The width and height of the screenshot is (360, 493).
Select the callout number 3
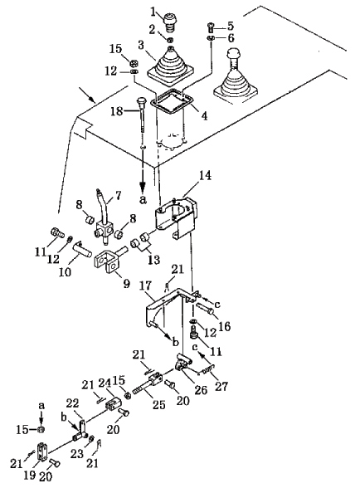click(x=141, y=46)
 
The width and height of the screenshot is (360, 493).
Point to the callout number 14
click(x=204, y=175)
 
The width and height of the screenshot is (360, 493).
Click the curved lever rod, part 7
click(x=102, y=214)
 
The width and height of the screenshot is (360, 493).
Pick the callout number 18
click(x=117, y=110)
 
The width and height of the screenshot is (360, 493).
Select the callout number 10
click(x=65, y=271)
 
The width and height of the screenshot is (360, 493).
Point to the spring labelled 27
click(x=207, y=370)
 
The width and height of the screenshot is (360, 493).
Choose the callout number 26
click(x=201, y=389)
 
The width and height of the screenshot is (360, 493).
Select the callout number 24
click(x=106, y=383)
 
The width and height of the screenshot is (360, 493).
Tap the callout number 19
click(x=30, y=475)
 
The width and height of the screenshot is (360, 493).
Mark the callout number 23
click(x=76, y=453)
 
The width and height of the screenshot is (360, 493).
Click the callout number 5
click(x=231, y=26)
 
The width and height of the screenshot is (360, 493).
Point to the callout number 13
click(x=154, y=260)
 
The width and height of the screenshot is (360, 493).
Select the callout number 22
click(x=72, y=403)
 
